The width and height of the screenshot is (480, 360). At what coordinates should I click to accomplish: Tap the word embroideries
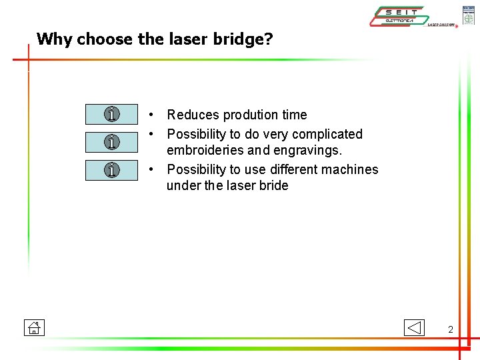pyautogui.click(x=205, y=151)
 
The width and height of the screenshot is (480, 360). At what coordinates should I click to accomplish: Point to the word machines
pyautogui.click(x=353, y=169)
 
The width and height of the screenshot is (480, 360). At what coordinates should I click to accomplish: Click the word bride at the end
pyautogui.click(x=273, y=186)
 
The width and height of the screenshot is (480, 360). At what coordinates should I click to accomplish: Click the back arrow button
pyautogui.click(x=414, y=327)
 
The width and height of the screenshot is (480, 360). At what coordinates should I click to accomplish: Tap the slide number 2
pyautogui.click(x=451, y=329)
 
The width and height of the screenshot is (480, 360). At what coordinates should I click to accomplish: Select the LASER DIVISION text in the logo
pyautogui.click(x=441, y=25)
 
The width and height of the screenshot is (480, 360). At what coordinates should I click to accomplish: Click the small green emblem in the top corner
pyautogui.click(x=469, y=15)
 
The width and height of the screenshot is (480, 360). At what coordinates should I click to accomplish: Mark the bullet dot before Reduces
pyautogui.click(x=153, y=115)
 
